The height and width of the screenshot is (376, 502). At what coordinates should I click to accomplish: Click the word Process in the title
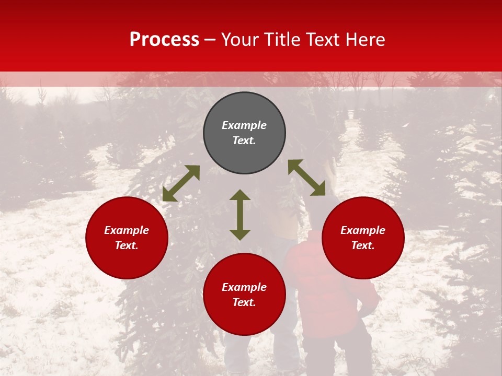coord(164,40)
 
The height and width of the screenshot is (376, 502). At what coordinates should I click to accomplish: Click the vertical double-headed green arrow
coord(240,215)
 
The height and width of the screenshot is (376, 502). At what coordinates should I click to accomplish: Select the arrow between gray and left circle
coord(181,183)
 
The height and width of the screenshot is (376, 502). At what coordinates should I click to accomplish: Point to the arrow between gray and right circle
coord(307,178)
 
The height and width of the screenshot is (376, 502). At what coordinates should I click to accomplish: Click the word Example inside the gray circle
coord(244,125)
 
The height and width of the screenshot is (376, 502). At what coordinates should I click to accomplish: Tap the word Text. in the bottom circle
coord(244,302)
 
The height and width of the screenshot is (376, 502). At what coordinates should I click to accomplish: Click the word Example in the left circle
coord(127,230)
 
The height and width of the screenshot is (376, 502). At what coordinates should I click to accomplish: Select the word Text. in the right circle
coord(363,245)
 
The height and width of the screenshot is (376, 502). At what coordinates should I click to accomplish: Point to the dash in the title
coord(210,40)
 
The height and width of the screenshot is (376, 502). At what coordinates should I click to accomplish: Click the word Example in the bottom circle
coord(244,287)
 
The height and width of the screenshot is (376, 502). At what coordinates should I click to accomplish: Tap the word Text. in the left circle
coord(127,245)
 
